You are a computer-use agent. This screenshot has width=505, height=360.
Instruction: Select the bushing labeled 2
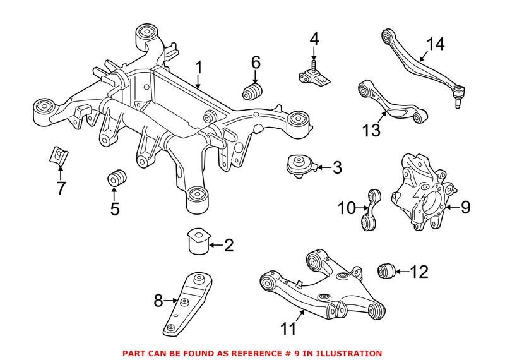coord(196,241)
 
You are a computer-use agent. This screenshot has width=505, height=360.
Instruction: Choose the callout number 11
coord(288,328)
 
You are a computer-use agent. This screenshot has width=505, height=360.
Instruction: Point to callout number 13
coord(372,130)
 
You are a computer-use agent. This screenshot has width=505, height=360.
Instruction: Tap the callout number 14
coord(434,45)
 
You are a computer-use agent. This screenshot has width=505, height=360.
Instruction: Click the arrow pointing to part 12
coord(402,272)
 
